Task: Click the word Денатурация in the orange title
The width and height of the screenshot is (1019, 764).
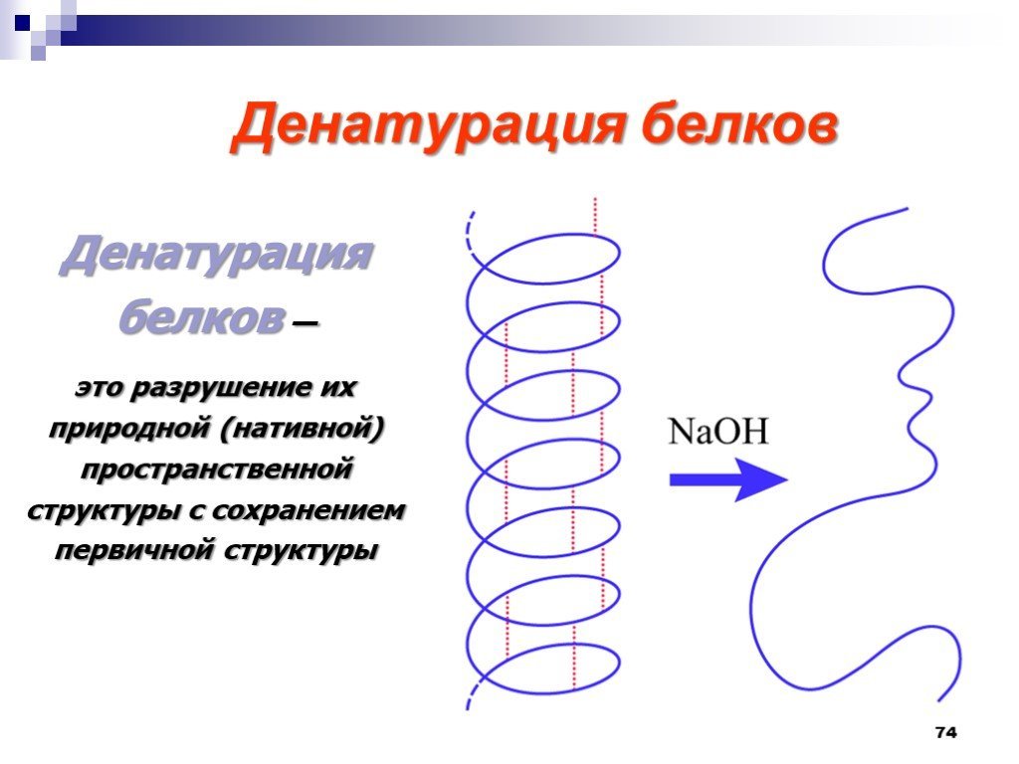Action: [x=428, y=126]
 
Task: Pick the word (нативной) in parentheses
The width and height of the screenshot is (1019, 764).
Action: [x=303, y=429]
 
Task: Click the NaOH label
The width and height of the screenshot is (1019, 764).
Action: [x=718, y=432]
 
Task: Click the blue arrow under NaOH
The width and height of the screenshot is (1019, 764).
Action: [x=728, y=479]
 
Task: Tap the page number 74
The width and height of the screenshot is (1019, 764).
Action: [x=946, y=732]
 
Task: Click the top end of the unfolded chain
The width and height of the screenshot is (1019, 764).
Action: [x=908, y=209]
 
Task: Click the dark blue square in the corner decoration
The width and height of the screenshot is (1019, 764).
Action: [x=22, y=24]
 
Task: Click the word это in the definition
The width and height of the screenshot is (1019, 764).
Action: [x=99, y=389]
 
